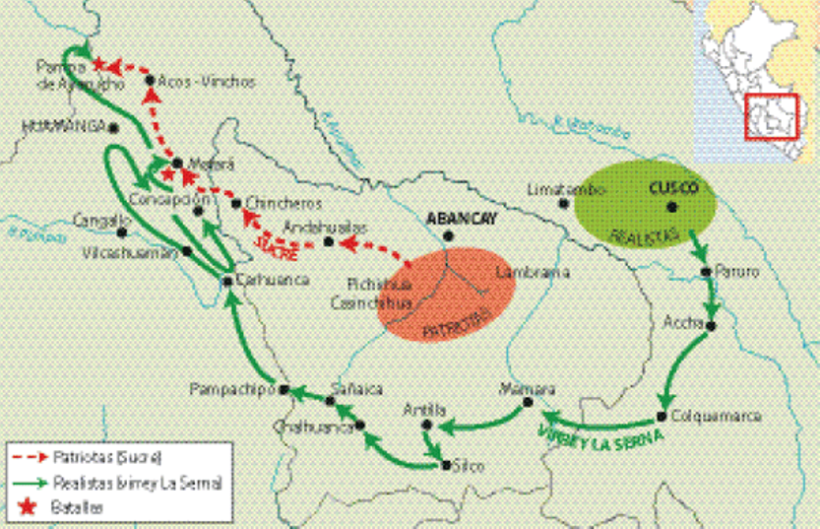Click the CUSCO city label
[674, 187]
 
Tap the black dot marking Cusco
[672, 207]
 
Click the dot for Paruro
[706, 271]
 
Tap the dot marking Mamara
[528, 402]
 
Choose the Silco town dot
[447, 464]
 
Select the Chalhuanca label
[314, 428]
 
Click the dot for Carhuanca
[227, 281]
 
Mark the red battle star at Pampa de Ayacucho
[98, 65]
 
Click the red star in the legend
[23, 505]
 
